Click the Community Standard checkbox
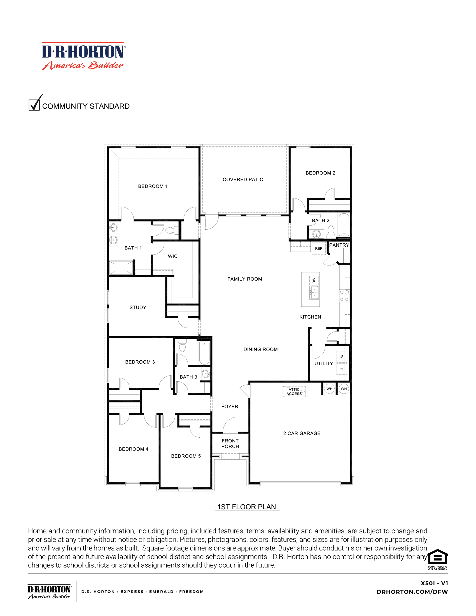pos(34,105)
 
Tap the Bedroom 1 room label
pos(153,186)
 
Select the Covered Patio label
pos(243,179)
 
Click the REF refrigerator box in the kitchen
pos(319,248)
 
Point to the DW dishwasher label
pos(314,280)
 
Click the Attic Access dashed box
pos(294,391)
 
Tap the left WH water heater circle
pos(329,389)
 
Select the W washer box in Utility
pos(342,357)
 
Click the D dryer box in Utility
pos(342,369)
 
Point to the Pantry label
pos(339,245)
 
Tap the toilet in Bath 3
pos(183,346)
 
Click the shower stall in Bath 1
pos(121,268)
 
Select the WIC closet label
pos(172,256)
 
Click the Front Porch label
pos(230,444)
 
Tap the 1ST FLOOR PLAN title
pos(246,507)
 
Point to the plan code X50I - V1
pos(434,583)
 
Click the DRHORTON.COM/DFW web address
pos(412,592)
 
